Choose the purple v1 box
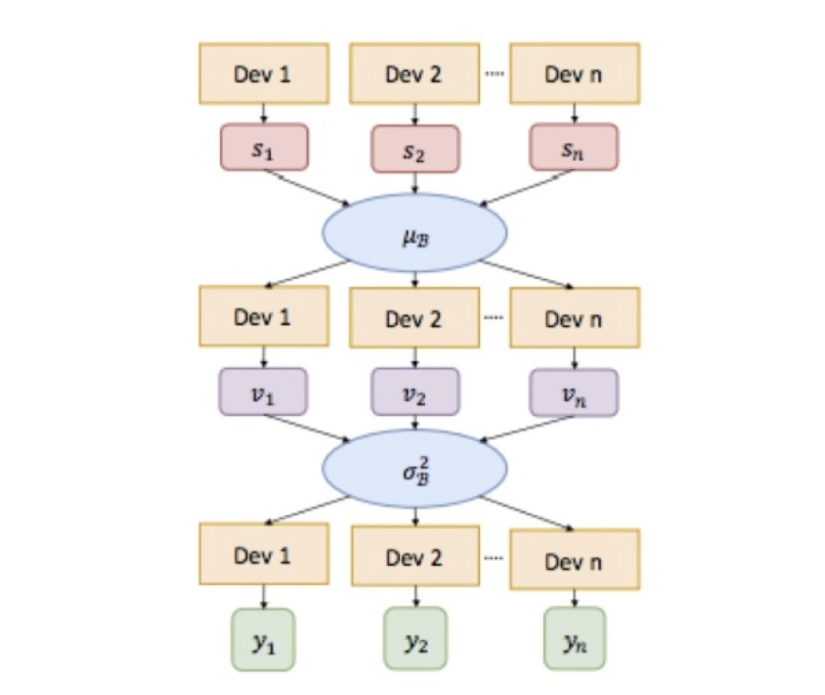coord(264,391)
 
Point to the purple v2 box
coord(415,392)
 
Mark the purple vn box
coord(574,393)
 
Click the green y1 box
coord(264,638)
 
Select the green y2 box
coord(415,638)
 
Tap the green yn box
coord(574,638)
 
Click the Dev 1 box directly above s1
coord(264,73)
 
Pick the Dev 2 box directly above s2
coord(415,73)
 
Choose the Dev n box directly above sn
coord(574,73)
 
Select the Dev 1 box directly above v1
coord(264,316)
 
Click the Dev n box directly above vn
coord(574,318)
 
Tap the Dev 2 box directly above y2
coord(415,557)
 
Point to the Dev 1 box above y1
coord(264,554)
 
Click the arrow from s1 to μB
coord(306,187)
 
